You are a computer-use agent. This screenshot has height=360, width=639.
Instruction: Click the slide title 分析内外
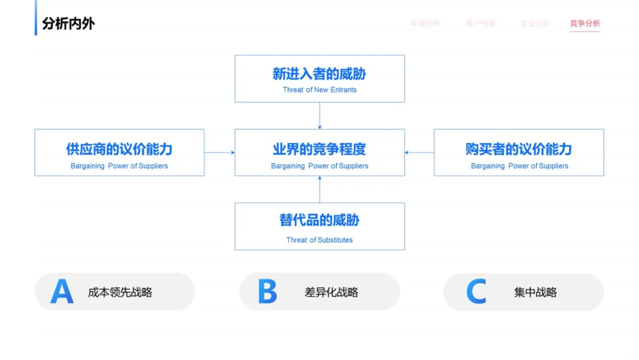68,24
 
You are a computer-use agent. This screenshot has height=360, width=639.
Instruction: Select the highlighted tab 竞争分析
585,24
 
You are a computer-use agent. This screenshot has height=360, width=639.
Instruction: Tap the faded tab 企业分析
535,24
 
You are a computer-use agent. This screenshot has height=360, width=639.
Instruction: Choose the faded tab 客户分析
481,24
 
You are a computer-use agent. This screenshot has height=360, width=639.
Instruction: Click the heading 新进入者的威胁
319,74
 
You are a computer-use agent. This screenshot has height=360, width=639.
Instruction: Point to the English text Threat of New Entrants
319,90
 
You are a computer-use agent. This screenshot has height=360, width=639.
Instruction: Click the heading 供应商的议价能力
120,149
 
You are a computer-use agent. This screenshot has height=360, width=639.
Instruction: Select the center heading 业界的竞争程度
319,149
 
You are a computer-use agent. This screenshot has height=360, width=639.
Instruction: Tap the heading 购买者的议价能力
519,149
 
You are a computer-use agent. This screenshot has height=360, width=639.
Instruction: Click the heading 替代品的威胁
319,220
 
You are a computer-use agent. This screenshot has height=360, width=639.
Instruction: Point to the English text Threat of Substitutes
319,240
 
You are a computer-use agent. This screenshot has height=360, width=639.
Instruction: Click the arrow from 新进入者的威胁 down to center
319,115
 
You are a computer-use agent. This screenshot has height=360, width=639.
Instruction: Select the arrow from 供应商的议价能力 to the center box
220,153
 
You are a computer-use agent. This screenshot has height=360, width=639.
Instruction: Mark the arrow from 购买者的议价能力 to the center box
419,153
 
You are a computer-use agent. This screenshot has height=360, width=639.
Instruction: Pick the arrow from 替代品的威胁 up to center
319,189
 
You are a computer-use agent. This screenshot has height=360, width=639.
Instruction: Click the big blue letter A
62,291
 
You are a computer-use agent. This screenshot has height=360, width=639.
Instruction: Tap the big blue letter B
267,291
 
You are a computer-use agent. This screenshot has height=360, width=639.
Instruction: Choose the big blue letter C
476,291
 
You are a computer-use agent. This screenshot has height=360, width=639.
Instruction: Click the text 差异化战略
331,292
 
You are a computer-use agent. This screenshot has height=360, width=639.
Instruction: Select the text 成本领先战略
120,292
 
